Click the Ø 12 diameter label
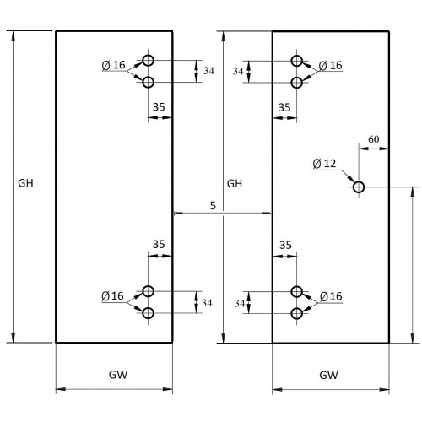[x=324, y=164]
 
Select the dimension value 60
[x=374, y=139]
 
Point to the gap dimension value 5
[x=213, y=206]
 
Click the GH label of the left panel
[x=25, y=183]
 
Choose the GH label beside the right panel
[x=235, y=184]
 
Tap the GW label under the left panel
[x=118, y=375]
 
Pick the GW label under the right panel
[x=328, y=375]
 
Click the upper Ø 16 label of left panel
[x=113, y=65]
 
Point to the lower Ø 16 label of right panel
[x=331, y=296]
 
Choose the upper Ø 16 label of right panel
[x=331, y=66]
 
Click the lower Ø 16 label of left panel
[x=112, y=296]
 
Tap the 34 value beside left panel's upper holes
[x=208, y=71]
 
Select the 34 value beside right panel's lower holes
[x=240, y=304]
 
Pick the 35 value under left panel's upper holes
[x=159, y=107]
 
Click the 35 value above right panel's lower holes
[x=285, y=246]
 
